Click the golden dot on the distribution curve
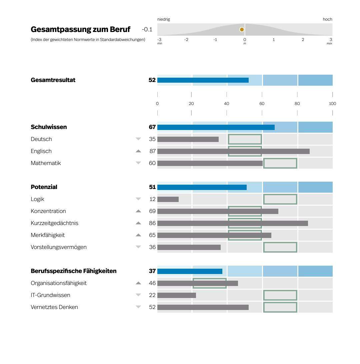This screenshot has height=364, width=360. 242,30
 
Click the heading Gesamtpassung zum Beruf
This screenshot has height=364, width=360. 80,29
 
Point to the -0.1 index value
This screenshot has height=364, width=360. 147,29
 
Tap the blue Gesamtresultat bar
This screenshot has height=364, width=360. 203,80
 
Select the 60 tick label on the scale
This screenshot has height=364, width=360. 262,104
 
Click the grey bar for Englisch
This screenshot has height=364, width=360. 233,151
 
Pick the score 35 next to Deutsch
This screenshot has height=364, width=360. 152,139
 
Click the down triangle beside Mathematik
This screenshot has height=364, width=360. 138,163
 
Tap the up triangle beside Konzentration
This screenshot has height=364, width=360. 138,211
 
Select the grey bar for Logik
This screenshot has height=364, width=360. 168,199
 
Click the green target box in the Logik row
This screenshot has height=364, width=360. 280,199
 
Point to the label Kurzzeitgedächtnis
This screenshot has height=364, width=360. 54,223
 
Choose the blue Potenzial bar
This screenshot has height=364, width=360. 202,187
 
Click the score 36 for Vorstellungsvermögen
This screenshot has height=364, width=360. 152,247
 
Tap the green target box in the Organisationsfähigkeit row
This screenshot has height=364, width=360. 210,283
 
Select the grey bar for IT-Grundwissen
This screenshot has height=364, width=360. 177,295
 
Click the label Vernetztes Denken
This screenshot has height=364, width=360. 54,307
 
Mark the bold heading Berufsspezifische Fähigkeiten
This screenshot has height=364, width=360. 74,271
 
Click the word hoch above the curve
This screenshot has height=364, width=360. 327,19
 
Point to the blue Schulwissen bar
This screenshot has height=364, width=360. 216,127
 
